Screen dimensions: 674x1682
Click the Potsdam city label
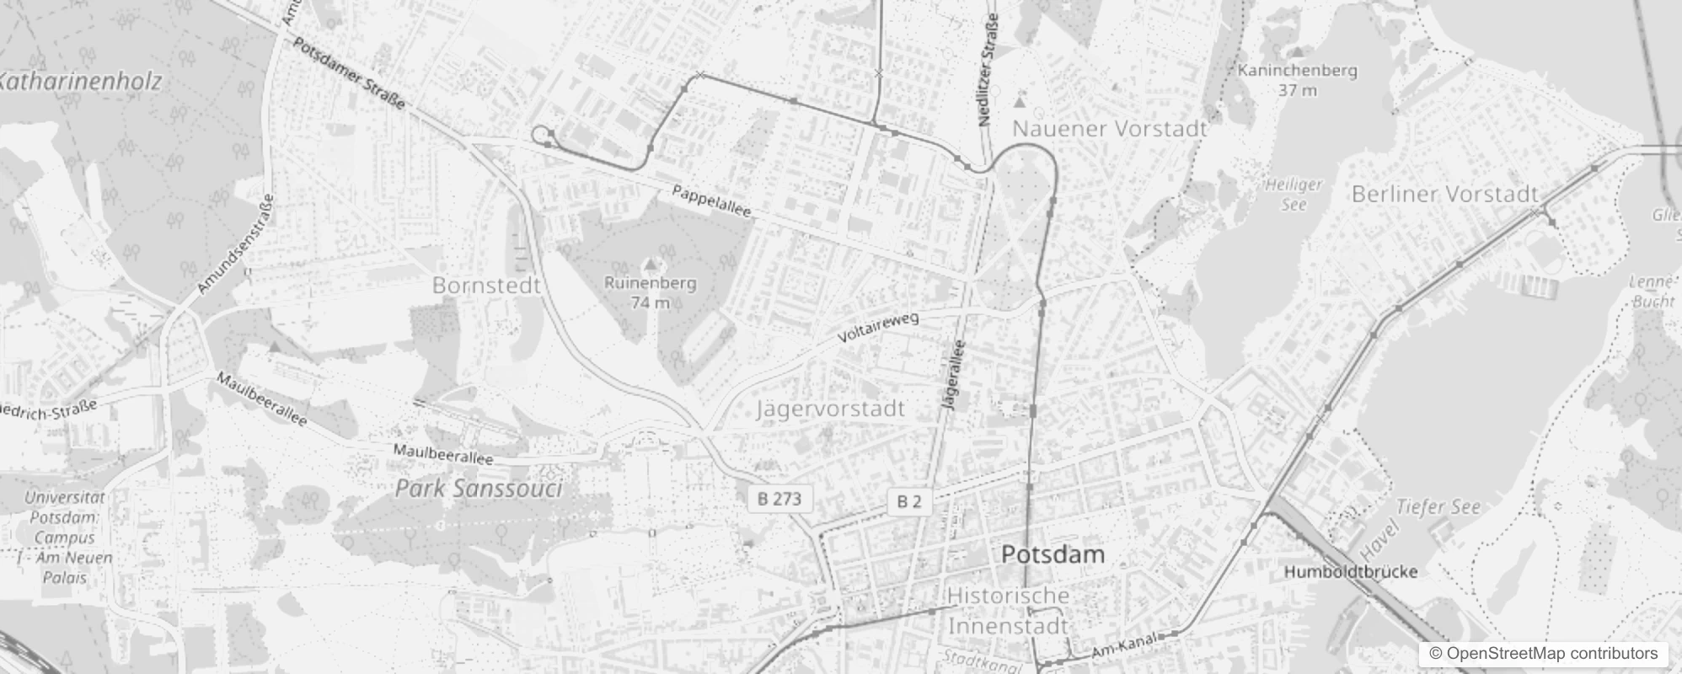[x=1053, y=554]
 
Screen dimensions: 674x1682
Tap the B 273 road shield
[x=779, y=499]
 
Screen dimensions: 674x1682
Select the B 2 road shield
[x=908, y=502]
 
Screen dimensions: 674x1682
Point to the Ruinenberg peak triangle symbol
[x=650, y=265]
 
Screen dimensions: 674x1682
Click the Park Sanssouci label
[x=479, y=489]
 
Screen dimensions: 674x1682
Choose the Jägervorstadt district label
[x=831, y=409]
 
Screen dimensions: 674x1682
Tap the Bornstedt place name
[x=486, y=286]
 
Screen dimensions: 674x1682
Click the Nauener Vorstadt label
[x=1109, y=129]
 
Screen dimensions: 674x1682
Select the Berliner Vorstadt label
[x=1444, y=194]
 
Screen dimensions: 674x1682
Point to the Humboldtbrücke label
[x=1350, y=572]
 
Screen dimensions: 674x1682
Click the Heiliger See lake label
[x=1294, y=195]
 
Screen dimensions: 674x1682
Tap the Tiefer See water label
[x=1438, y=507]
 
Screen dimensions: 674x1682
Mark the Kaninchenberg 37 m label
[x=1297, y=79]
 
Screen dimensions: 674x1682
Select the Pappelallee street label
[x=711, y=201]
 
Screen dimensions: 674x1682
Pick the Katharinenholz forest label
[x=80, y=82]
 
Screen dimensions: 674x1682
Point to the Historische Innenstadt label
[x=1009, y=611]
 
